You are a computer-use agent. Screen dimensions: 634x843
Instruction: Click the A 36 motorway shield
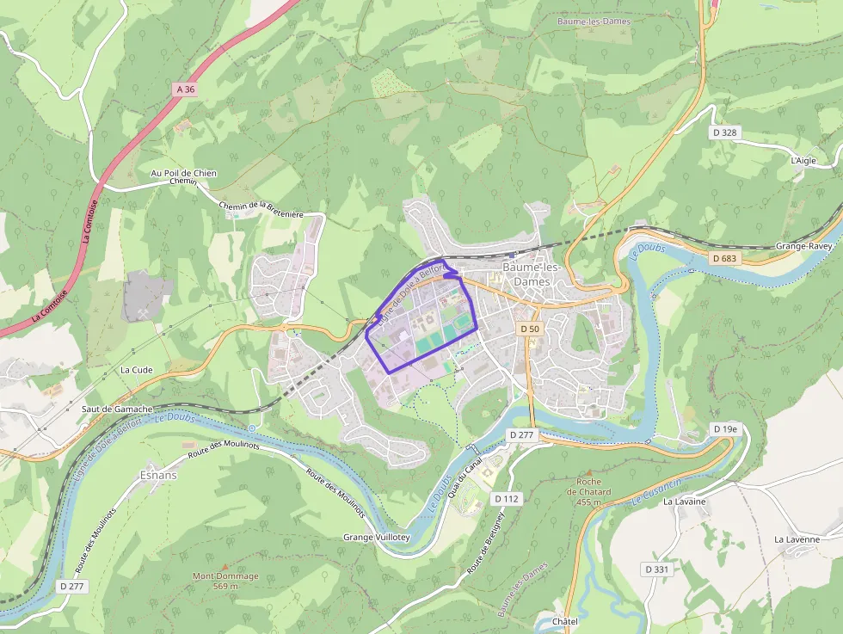coord(185,89)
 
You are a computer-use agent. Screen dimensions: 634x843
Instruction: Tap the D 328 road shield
coord(725,132)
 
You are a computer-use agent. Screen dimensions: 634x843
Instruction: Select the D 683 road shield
coord(725,258)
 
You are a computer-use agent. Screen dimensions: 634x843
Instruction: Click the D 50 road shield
coord(530,329)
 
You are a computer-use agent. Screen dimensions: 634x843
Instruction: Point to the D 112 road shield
coord(507,498)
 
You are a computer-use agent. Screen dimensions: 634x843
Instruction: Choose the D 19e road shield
coord(725,428)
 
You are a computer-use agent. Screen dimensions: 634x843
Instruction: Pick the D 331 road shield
coord(656,569)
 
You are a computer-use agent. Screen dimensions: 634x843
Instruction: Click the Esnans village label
coord(157,475)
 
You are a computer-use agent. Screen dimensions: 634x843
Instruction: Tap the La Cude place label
coord(136,370)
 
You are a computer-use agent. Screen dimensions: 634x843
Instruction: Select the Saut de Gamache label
coord(117,409)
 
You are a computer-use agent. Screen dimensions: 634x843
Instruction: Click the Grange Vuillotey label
coord(377,537)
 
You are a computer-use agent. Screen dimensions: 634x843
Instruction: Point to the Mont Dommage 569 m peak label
coord(225,581)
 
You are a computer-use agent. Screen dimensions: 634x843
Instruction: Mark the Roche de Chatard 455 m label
coord(588,491)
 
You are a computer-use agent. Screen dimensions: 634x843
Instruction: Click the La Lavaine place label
coord(684,502)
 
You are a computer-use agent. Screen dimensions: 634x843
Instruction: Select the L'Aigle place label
coord(803,160)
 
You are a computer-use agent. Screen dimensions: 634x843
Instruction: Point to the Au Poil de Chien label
coord(183,174)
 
